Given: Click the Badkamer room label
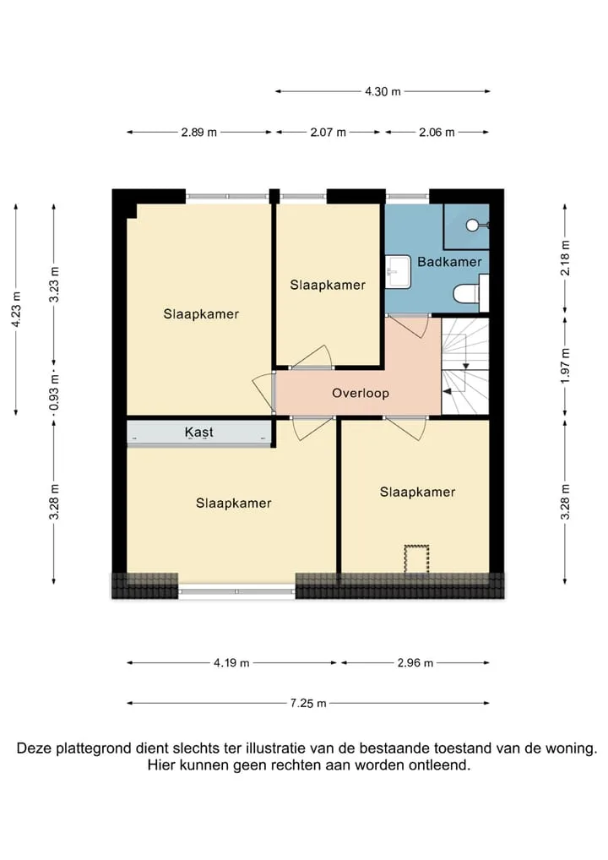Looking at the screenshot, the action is (449, 262).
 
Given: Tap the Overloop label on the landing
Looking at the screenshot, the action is (361, 393).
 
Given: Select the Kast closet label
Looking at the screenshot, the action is (199, 433).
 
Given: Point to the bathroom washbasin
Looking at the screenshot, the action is (398, 271).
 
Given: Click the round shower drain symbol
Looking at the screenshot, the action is (473, 225).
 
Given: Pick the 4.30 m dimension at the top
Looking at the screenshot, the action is (383, 91).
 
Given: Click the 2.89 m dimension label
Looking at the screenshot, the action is (199, 132).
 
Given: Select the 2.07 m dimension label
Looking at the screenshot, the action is (328, 132).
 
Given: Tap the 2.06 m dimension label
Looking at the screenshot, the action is (437, 132).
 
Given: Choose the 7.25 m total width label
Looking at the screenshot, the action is (308, 703).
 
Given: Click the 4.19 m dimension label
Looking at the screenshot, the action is (231, 663).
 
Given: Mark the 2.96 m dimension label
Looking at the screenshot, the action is (415, 663).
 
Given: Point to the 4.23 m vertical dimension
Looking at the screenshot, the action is (16, 310).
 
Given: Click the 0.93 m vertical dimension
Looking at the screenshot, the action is (54, 392).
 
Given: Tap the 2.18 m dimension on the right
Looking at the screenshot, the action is (565, 259).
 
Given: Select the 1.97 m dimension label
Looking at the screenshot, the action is (565, 366).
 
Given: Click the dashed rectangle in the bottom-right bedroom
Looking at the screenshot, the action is (416, 559).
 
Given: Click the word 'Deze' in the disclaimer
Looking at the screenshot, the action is (34, 748).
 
